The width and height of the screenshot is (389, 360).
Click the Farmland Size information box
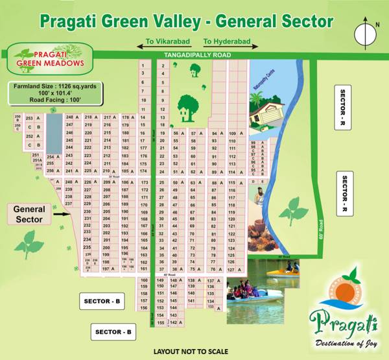tap(54, 92)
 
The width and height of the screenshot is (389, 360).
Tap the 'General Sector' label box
tap(29, 214)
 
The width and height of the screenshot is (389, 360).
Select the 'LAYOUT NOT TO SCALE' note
tap(194, 351)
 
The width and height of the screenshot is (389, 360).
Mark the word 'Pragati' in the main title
tap(71, 21)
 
